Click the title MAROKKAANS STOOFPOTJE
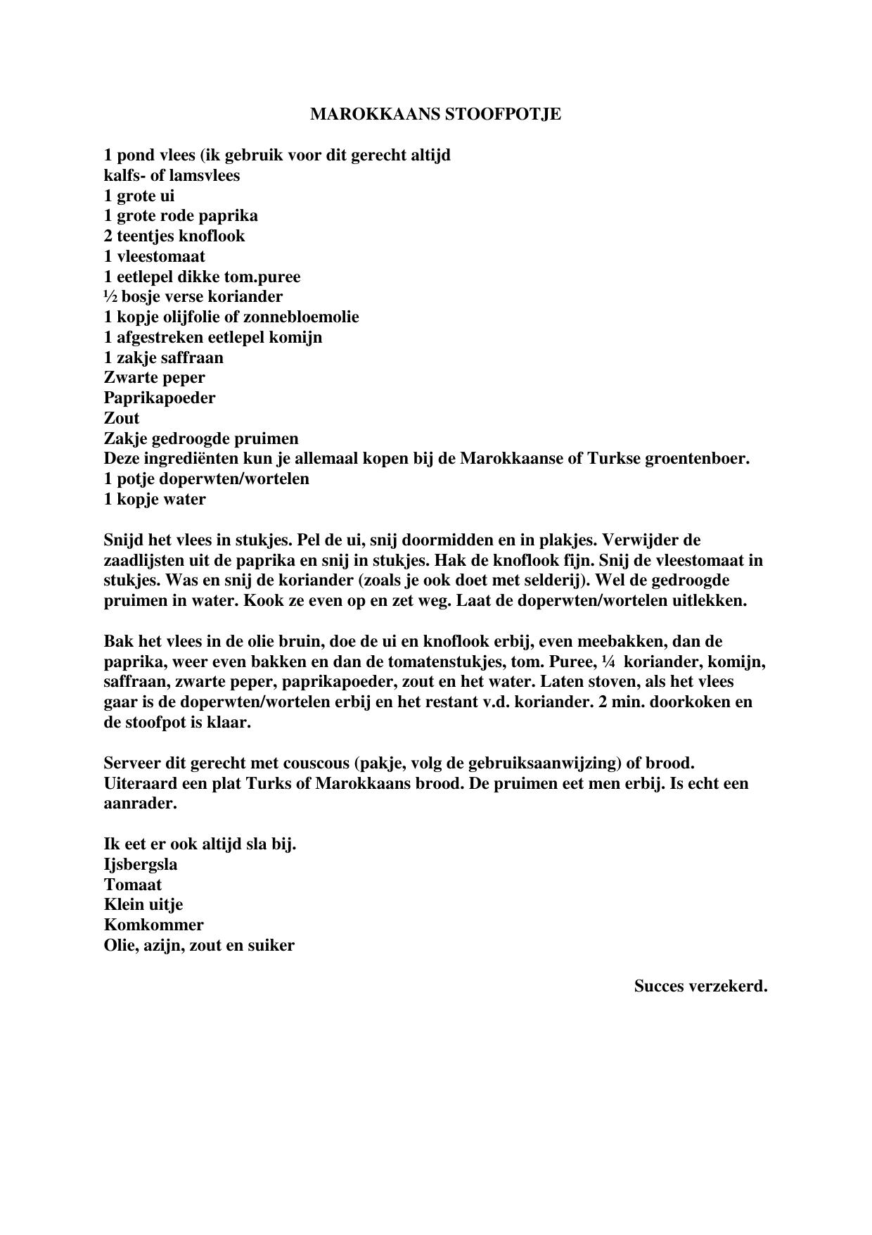(x=435, y=115)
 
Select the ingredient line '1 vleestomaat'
(x=155, y=256)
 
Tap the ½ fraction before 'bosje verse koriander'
(x=110, y=296)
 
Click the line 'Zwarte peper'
(x=155, y=378)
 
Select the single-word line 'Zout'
(x=122, y=418)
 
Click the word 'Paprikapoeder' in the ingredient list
(x=160, y=398)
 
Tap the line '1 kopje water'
(x=155, y=500)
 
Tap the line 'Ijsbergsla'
(x=141, y=864)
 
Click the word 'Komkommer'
(x=153, y=925)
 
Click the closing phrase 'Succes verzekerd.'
(x=700, y=986)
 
